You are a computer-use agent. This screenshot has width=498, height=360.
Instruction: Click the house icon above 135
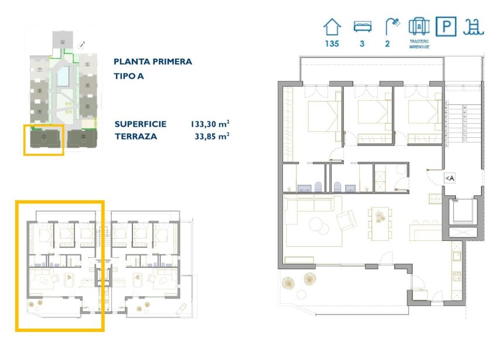(333, 26)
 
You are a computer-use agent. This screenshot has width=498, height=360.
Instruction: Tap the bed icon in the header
(362, 26)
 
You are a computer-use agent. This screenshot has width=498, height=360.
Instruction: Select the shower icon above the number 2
(392, 26)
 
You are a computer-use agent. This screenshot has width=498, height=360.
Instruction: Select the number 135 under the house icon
(332, 43)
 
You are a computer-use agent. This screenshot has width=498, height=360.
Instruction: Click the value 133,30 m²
(209, 124)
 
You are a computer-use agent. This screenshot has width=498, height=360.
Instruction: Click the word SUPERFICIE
(141, 124)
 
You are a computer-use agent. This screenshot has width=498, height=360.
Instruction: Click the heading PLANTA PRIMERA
(153, 62)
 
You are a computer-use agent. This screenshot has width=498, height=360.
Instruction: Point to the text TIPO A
(129, 76)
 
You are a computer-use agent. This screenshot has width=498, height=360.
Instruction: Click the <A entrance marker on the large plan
(449, 178)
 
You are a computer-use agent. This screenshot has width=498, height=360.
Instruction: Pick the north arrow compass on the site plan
(82, 43)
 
